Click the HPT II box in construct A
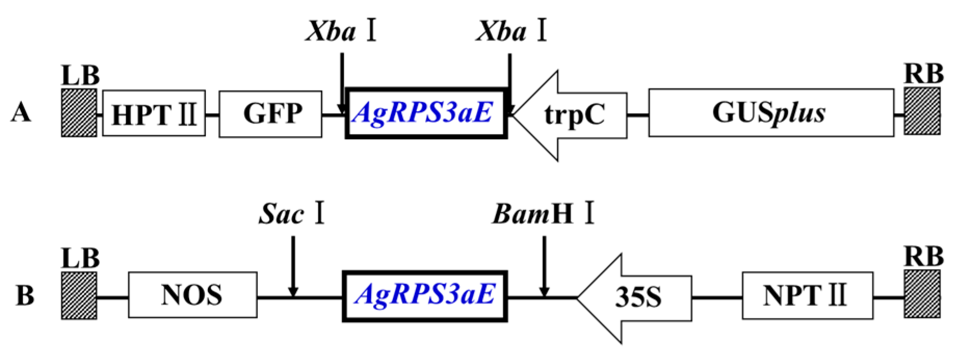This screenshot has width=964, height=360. tap(154, 113)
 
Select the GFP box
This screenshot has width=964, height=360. tap(270, 113)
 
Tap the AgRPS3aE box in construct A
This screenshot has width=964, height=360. tap(426, 113)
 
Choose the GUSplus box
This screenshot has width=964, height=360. tap(771, 113)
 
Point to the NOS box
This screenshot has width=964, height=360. tap(192, 295)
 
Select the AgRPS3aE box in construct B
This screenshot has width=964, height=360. tap(425, 296)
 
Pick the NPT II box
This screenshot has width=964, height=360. tap(807, 295)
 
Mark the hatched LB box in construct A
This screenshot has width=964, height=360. tap(79, 112)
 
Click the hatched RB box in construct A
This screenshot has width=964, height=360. tap(922, 111)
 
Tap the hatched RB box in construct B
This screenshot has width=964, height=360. tap(922, 294)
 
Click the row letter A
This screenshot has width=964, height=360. tap(21, 113)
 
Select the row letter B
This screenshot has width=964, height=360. tap(25, 295)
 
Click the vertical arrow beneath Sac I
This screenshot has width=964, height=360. tap(293, 265)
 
